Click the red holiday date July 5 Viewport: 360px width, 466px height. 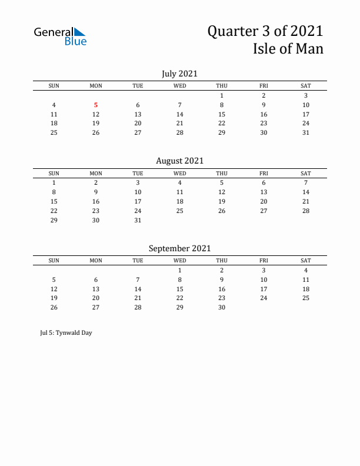point(96,105)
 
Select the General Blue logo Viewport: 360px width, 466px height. point(61,36)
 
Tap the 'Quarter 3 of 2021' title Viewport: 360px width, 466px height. point(265,31)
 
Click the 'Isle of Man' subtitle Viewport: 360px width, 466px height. point(288,49)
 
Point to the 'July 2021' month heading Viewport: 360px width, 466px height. point(179,74)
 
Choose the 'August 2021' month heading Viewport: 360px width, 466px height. point(179,161)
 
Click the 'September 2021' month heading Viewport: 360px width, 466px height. point(179,248)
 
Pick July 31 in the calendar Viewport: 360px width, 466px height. point(306,132)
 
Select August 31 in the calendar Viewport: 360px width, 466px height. point(138,220)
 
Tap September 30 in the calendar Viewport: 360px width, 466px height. point(222,307)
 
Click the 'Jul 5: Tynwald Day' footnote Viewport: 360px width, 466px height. point(63,332)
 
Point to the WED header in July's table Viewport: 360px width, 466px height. point(180,86)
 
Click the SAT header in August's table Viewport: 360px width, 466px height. point(306,174)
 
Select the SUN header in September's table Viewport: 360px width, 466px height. point(54,261)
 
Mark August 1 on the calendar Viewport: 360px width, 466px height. point(54,183)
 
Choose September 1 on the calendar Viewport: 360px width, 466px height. point(180,270)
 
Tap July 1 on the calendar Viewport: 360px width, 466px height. point(222,95)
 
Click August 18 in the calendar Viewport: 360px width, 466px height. point(180,201)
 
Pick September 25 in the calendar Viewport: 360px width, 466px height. point(306,298)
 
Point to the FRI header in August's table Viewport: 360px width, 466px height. point(264,174)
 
